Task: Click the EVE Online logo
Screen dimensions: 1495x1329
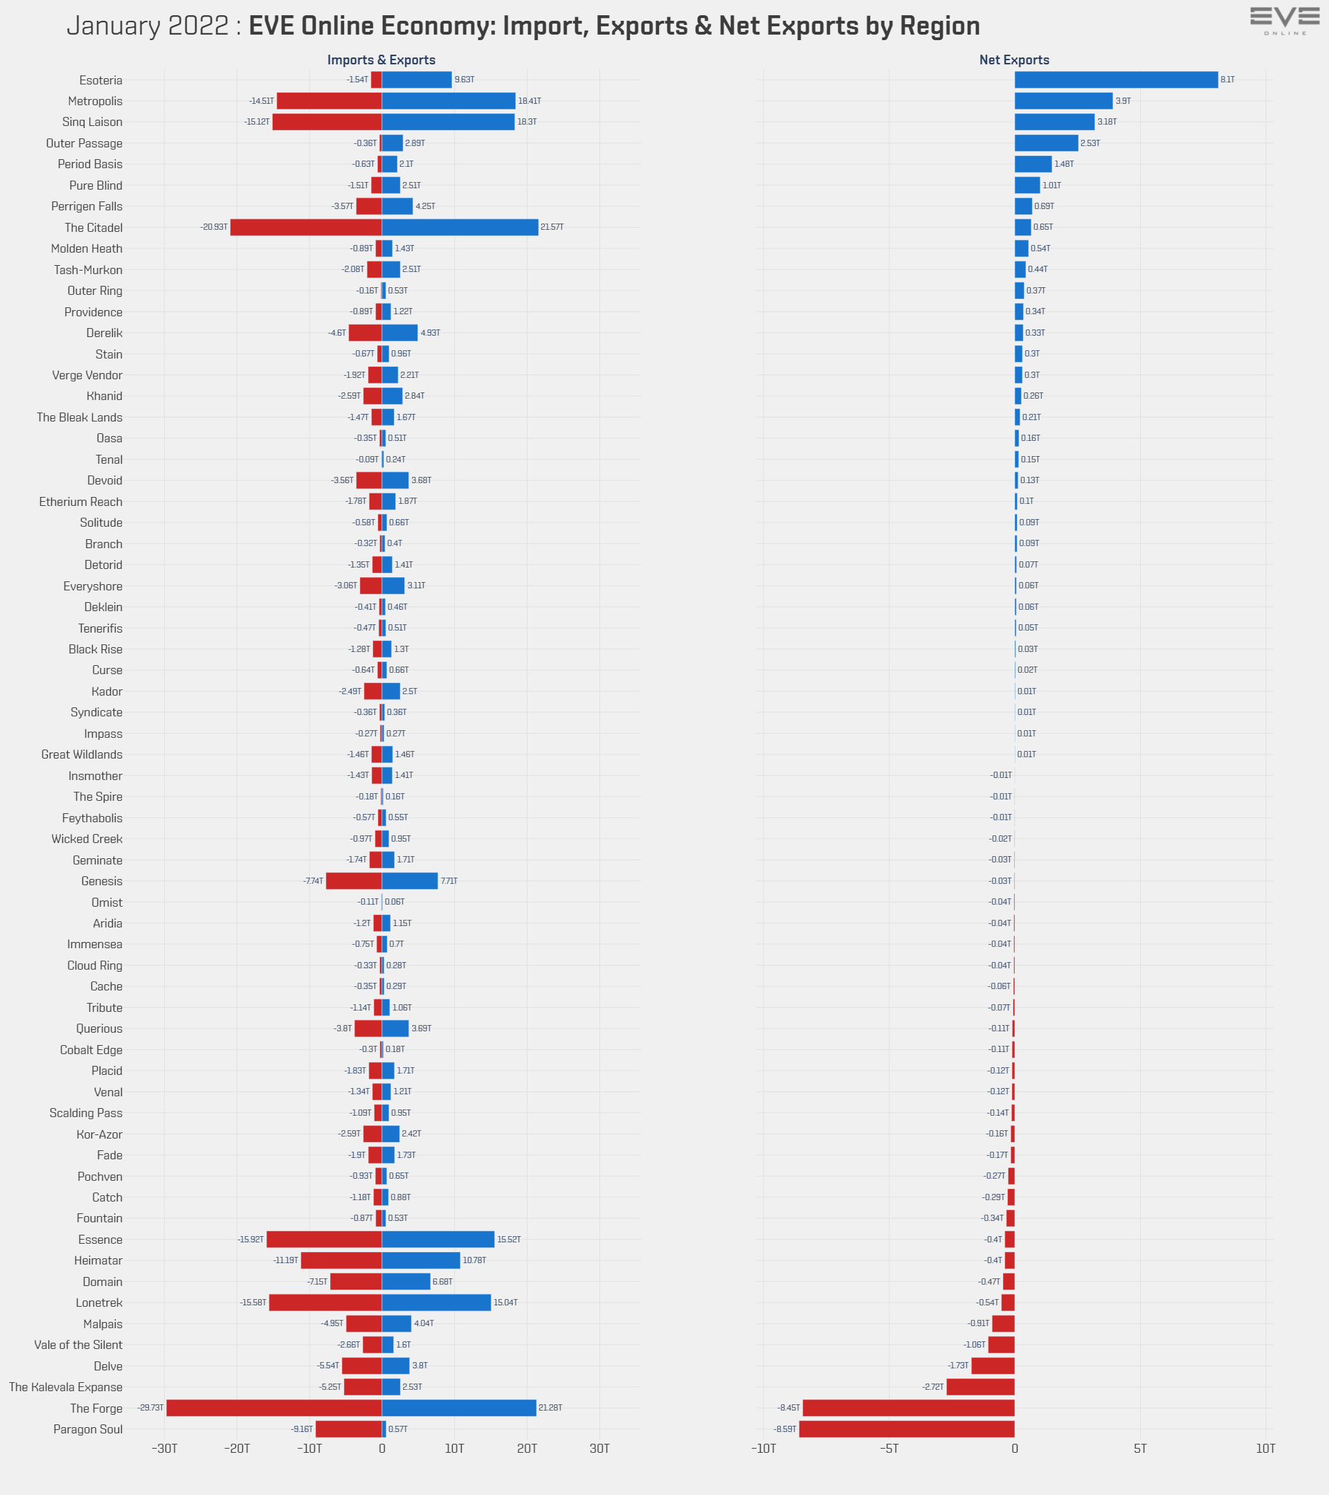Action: pos(1285,20)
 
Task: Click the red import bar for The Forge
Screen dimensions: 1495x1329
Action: pos(273,1408)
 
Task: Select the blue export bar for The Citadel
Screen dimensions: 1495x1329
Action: pos(460,228)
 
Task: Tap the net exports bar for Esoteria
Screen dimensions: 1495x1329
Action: pos(1115,80)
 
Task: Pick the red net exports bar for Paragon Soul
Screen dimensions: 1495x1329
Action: pos(906,1429)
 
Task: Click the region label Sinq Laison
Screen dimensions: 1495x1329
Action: pos(92,122)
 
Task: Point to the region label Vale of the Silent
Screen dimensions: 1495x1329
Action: pos(78,1345)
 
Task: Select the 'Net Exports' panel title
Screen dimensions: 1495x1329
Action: pos(1014,60)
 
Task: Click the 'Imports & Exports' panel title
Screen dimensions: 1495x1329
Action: pos(381,60)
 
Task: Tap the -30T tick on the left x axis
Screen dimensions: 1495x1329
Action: pos(165,1449)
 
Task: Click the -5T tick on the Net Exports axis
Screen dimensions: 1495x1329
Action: pos(889,1449)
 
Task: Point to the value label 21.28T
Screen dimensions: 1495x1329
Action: pos(550,1408)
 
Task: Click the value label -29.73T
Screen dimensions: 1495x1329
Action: pos(150,1408)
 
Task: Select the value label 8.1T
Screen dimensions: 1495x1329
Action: pos(1227,80)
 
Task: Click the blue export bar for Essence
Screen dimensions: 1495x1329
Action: pos(437,1240)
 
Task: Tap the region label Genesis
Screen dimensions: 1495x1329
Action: pos(102,881)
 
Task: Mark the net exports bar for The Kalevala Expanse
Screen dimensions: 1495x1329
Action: pos(980,1387)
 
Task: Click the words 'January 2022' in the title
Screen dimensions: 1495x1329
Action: pos(147,26)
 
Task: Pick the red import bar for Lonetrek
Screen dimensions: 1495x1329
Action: pos(325,1303)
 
